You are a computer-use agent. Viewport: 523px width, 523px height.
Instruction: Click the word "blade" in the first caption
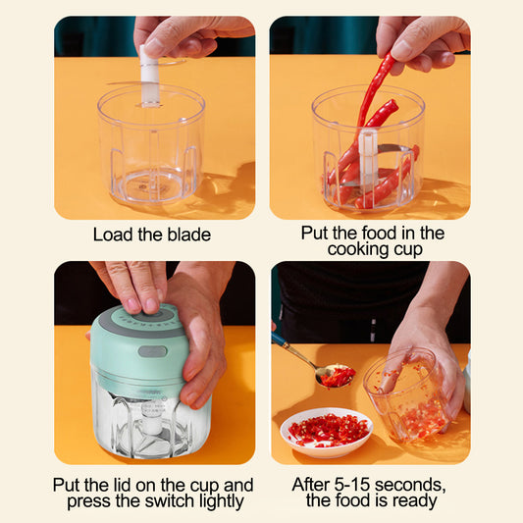186,235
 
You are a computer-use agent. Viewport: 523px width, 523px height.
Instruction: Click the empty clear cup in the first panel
151,157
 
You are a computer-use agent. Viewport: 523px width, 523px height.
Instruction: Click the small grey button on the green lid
151,351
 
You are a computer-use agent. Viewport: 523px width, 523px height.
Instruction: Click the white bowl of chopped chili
326,431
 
